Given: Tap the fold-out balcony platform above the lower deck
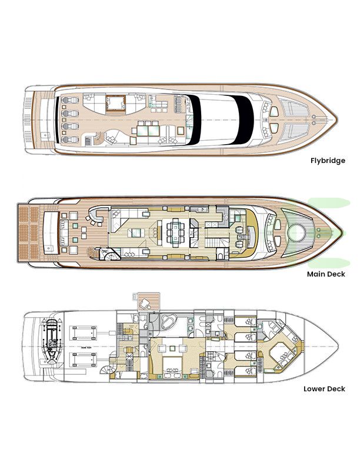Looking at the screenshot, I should pyautogui.click(x=144, y=301).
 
